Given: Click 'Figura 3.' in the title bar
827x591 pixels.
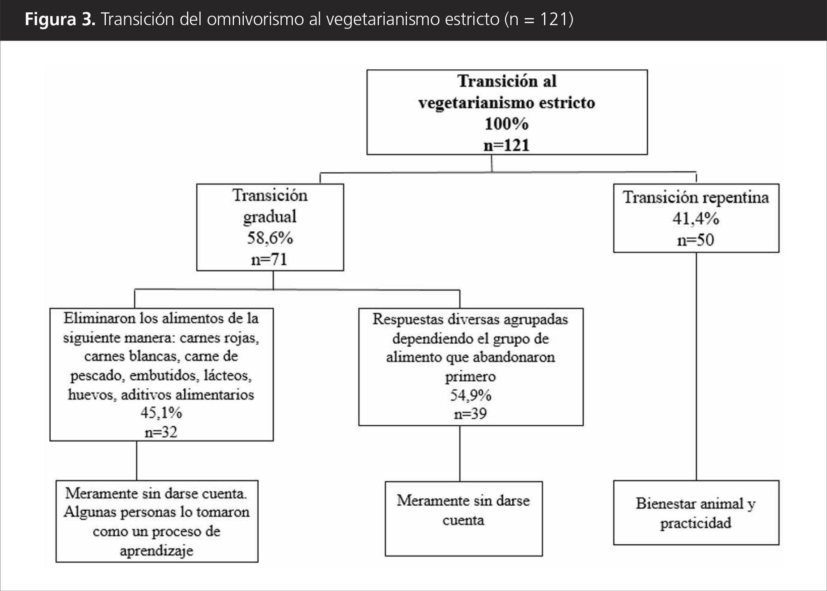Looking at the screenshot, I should pos(60,19).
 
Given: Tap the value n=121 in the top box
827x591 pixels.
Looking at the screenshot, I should pos(507,145).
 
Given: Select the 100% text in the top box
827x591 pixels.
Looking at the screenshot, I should pos(507,124).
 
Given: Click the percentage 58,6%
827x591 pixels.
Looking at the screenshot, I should pos(270,238).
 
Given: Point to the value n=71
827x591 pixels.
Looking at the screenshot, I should pos(269,260).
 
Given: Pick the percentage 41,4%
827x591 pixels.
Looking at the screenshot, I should pos(696,219).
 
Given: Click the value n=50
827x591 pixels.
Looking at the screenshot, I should pos(696,240).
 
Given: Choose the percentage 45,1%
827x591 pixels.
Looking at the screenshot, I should pos(161,413).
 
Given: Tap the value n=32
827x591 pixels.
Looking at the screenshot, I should pos(161,432).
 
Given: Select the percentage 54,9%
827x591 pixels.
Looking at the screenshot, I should pos(470,396).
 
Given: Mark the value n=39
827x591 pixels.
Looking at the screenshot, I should pos(470,414).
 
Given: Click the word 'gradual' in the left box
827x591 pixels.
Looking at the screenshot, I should pos(270,217).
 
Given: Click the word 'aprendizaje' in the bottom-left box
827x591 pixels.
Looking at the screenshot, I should pos(157,551).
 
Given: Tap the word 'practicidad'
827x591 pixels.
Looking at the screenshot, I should pos(696,523).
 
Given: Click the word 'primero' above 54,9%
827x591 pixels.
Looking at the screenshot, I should pos(470,377).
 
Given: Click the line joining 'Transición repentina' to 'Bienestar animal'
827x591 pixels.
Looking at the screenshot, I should pos(696,367).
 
